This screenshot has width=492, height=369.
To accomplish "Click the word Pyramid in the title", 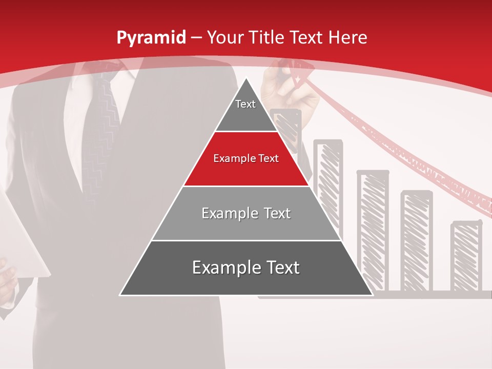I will pyautogui.click(x=151, y=37).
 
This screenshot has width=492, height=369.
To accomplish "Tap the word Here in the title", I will pyautogui.click(x=347, y=37).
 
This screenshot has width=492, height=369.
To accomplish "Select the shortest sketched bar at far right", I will pyautogui.click(x=466, y=256).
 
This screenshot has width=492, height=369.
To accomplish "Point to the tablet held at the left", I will pyautogui.click(x=20, y=236).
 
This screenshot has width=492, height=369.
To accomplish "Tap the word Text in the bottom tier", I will pyautogui.click(x=279, y=268).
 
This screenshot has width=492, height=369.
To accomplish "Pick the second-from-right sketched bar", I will pyautogui.click(x=416, y=241).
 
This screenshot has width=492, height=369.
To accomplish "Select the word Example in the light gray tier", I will pyautogui.click(x=224, y=214).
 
